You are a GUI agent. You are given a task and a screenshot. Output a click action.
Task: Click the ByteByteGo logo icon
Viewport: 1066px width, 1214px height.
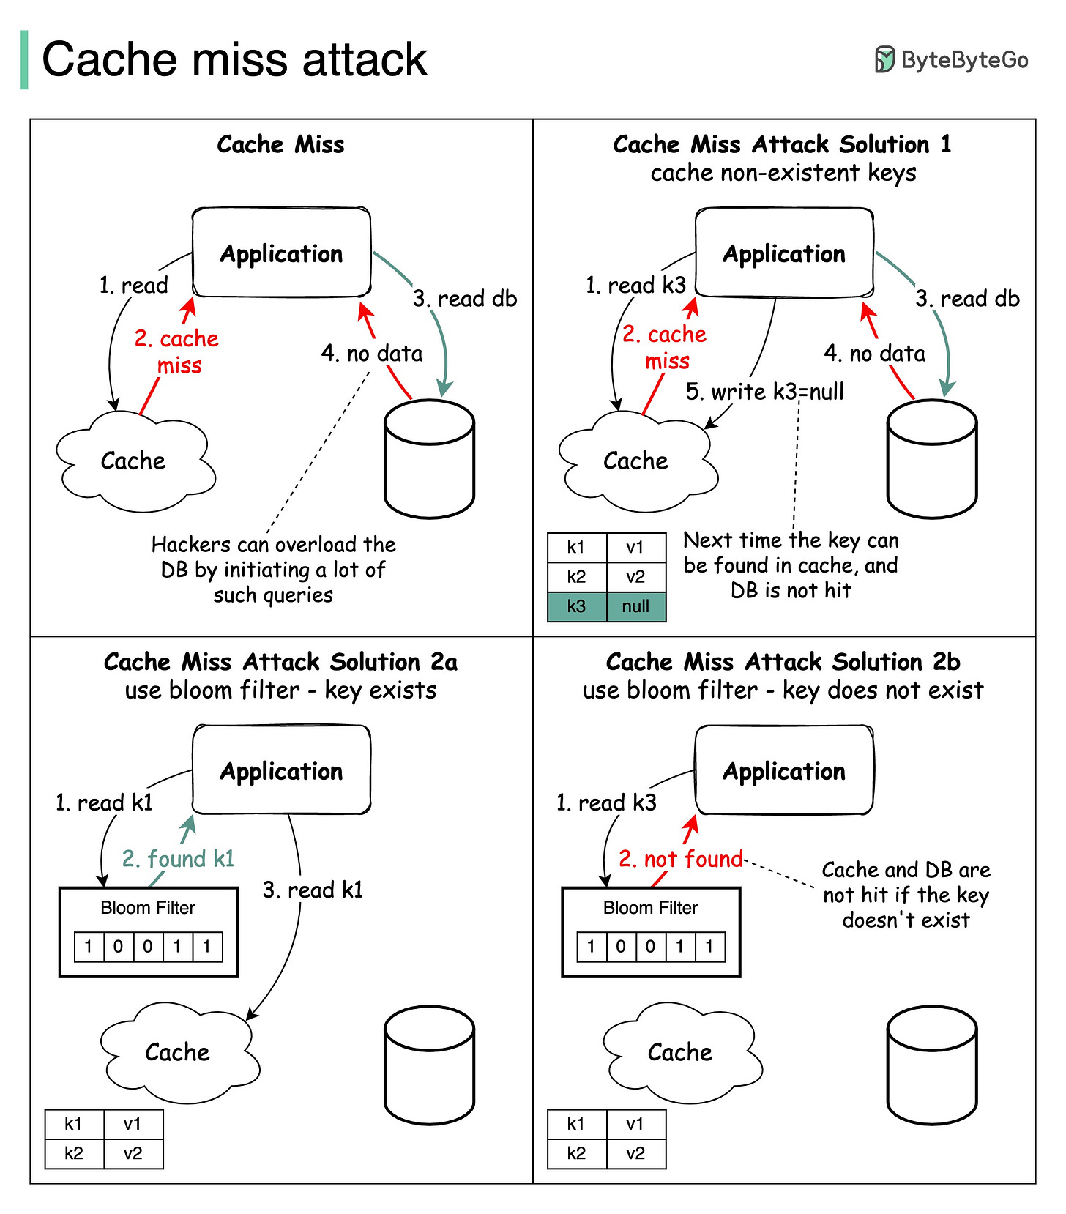pos(885,59)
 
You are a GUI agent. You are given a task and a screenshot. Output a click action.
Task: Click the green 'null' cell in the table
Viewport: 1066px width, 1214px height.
pos(635,606)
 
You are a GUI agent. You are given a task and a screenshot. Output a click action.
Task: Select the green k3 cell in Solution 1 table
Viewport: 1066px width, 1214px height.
pos(577,606)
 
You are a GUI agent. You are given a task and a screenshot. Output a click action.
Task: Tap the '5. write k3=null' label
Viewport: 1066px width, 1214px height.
pos(764,392)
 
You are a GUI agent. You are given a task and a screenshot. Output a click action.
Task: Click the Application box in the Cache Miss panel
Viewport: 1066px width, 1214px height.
pos(281,253)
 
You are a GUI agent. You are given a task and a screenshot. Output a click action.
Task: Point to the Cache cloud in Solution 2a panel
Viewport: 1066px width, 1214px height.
pos(178,1052)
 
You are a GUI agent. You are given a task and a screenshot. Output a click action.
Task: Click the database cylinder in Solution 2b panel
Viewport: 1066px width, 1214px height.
pos(931,1065)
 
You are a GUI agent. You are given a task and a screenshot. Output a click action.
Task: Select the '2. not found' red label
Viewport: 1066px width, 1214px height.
pos(681,859)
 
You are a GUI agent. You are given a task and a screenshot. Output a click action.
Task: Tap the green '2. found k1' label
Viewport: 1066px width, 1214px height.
pos(178,859)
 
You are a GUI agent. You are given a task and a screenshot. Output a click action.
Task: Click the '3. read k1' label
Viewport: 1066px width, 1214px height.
pos(313,890)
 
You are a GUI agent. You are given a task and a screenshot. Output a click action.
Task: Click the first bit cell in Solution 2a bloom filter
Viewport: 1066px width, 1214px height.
pos(89,947)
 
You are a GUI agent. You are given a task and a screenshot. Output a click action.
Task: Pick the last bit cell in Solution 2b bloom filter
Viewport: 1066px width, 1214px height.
pos(709,947)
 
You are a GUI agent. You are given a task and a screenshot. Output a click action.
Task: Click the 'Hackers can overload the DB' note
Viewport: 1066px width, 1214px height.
pos(273,570)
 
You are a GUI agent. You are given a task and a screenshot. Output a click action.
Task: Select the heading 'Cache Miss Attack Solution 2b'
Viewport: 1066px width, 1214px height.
pos(783,662)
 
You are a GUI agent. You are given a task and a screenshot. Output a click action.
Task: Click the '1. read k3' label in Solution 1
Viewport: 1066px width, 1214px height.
pos(635,285)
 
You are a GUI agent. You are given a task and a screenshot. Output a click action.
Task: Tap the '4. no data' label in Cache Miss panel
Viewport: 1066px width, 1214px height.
pos(372,354)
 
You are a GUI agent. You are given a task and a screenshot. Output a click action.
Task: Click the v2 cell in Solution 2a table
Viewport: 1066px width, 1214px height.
pos(133,1154)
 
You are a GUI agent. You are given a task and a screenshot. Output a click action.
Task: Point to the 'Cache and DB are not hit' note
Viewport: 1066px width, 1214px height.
pos(906,895)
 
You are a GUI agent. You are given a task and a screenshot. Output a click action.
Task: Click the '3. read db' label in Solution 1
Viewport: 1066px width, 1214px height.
pos(967,299)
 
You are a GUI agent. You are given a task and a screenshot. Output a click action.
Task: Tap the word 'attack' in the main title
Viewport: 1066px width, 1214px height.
pos(364,59)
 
